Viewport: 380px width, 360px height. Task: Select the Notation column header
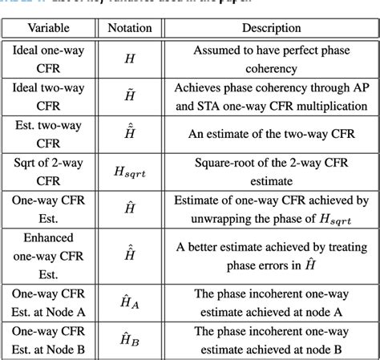(129, 27)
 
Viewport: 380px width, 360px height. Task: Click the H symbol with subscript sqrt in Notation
(129, 170)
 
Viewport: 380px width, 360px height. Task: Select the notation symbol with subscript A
(129, 299)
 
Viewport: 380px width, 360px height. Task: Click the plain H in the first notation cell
(129, 59)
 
